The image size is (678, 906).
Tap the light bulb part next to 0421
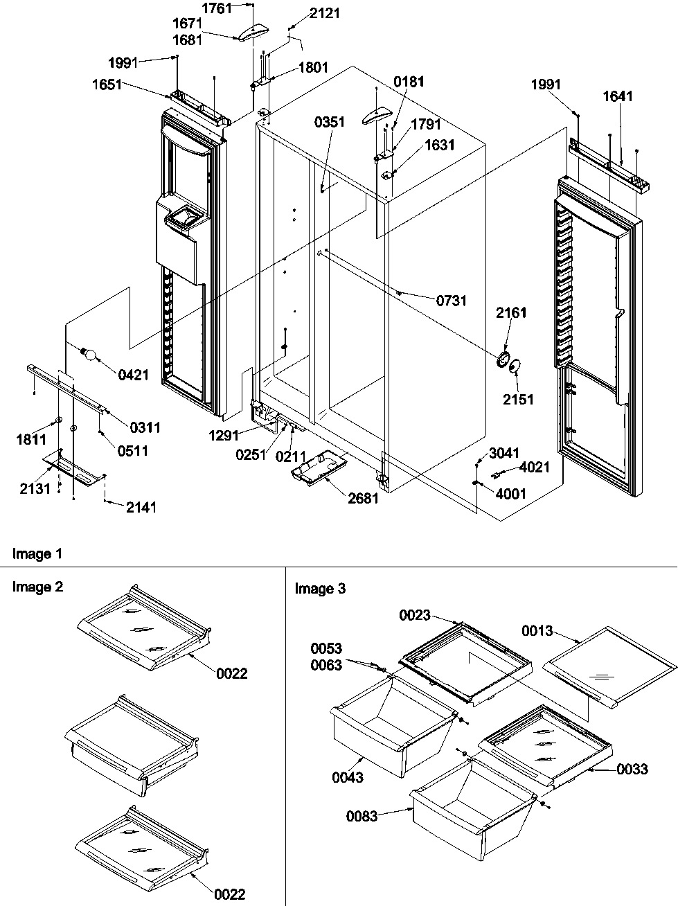click(x=88, y=354)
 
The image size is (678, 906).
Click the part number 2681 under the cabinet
click(x=363, y=498)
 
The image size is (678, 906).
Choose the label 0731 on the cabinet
click(x=451, y=301)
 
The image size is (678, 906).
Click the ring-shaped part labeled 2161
click(x=504, y=357)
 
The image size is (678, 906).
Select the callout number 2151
click(x=518, y=400)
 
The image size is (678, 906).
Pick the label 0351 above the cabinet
click(x=329, y=123)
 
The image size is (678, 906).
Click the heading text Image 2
click(x=37, y=587)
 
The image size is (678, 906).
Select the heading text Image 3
click(x=320, y=589)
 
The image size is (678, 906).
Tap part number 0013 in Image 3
click(x=537, y=630)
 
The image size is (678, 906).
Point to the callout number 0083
click(x=362, y=817)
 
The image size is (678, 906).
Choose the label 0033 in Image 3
click(x=632, y=769)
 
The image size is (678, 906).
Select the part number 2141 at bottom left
click(x=141, y=507)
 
